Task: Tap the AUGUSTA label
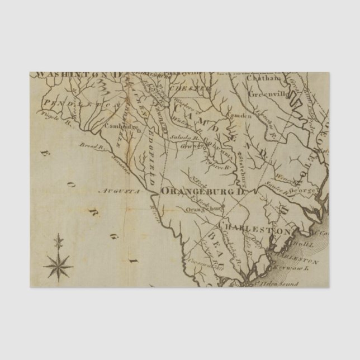[x=115, y=191]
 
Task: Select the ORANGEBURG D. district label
[x=203, y=192]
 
